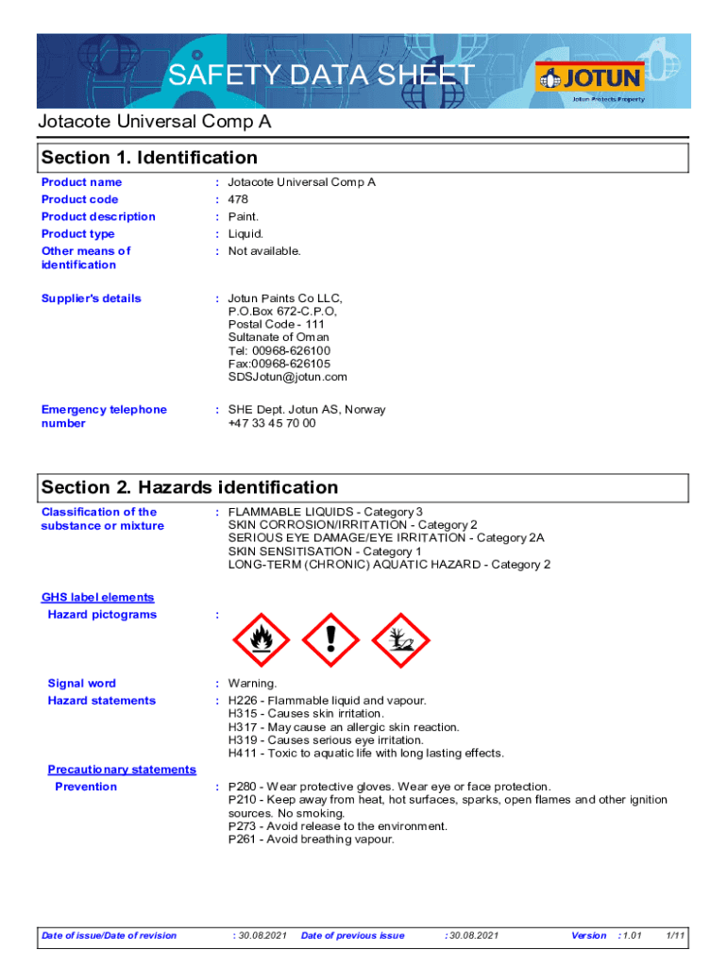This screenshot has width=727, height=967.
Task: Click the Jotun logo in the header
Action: (x=588, y=77)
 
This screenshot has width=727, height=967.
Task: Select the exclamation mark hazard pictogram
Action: (x=330, y=639)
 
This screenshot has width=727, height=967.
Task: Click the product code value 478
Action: (x=238, y=199)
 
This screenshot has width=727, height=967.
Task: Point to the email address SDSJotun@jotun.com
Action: (x=287, y=377)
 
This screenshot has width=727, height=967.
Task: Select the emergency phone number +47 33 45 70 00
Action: (x=272, y=423)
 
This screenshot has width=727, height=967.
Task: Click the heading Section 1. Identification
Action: (x=149, y=158)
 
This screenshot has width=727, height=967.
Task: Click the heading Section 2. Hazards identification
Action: (x=189, y=487)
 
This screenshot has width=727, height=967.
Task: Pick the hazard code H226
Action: (x=244, y=701)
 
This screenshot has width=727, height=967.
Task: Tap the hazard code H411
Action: (x=244, y=754)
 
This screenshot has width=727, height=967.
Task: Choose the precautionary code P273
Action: (x=244, y=826)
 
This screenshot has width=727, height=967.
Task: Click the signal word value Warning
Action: (x=252, y=684)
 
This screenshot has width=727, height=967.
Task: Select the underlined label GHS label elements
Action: (x=97, y=598)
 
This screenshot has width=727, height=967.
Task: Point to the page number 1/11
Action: (x=675, y=936)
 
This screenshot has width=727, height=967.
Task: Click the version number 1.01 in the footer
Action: (x=631, y=936)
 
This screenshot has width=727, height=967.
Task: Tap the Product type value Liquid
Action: (x=245, y=234)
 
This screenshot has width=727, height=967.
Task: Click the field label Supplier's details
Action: (x=91, y=298)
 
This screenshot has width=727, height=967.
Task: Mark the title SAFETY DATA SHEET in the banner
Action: (x=321, y=76)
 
